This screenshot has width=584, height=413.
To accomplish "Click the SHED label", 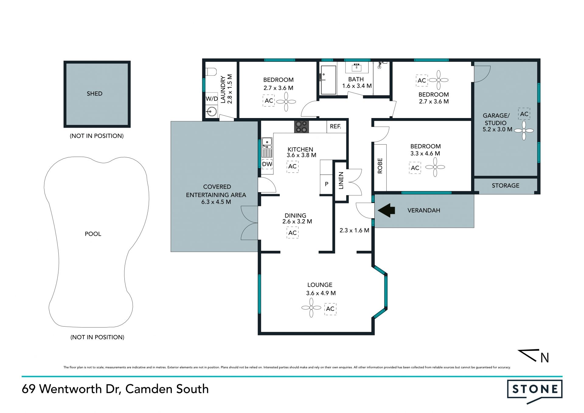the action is (x=95, y=94).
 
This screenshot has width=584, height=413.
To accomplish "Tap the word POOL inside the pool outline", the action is (x=93, y=234).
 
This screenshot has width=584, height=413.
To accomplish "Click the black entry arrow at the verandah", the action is (x=386, y=210).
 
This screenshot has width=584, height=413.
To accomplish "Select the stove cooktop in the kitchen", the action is (x=301, y=127).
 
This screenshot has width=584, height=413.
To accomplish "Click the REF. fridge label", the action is (x=335, y=126).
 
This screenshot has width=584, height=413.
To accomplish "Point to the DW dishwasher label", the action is (x=267, y=164).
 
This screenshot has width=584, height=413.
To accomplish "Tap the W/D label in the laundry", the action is (x=212, y=99).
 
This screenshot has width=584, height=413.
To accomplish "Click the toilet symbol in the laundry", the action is (x=211, y=72).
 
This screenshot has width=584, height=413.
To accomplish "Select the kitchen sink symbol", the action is (x=267, y=148).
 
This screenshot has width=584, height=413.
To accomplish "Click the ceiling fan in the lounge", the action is (x=311, y=308).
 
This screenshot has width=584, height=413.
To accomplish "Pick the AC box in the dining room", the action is (x=292, y=233).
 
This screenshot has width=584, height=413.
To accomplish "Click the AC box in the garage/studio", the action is (x=524, y=114).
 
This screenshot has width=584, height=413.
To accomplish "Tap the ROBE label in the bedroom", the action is (x=380, y=166).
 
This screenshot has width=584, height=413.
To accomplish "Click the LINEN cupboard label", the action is (x=341, y=180).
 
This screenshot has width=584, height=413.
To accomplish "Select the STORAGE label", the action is (x=506, y=186).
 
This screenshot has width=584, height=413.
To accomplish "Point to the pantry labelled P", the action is (x=326, y=184).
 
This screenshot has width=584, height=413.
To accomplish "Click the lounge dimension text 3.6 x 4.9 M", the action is (x=321, y=293).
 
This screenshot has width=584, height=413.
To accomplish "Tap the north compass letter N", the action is (x=545, y=358).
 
